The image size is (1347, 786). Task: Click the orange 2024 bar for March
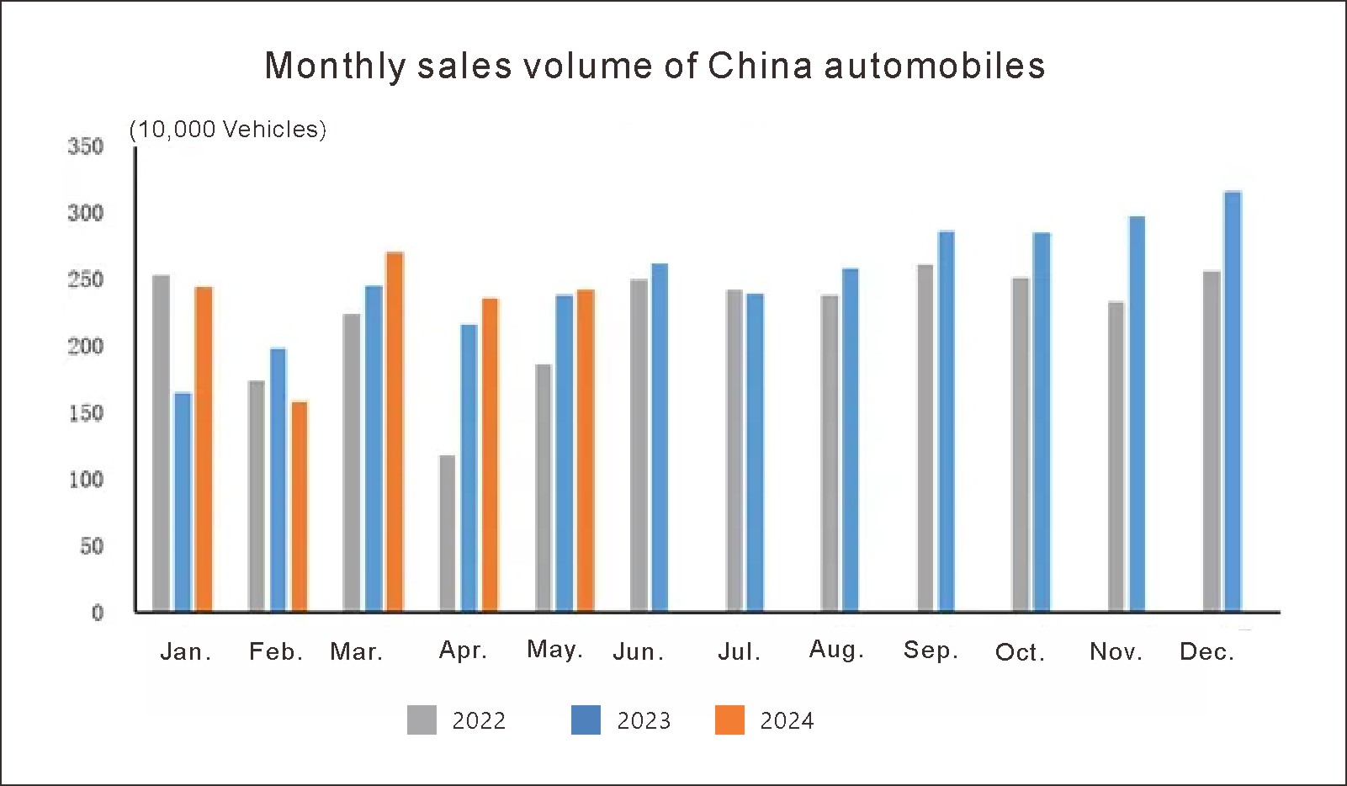point(395,431)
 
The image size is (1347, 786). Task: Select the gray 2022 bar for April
point(448,533)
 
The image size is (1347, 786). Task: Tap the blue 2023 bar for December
point(1233,401)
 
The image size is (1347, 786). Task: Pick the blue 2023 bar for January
point(183,502)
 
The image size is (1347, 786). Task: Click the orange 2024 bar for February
point(300,506)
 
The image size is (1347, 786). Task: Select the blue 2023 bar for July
point(755,452)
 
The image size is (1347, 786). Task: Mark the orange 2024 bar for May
point(586,450)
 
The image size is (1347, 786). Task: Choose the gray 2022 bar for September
point(925,438)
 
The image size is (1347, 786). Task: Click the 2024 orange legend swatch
point(729,720)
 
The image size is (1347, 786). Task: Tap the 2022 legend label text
point(479,721)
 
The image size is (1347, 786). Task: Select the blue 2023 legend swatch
point(586,720)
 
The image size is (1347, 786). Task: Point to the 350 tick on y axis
point(86,146)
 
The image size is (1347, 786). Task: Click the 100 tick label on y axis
point(86,480)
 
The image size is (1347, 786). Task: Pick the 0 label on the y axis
point(98,613)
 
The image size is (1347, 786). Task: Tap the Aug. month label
point(836,650)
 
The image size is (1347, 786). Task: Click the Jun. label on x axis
point(639,652)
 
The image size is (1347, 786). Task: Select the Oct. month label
point(1020,652)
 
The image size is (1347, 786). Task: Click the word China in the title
point(760,66)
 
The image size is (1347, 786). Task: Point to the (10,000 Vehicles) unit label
point(227,130)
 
